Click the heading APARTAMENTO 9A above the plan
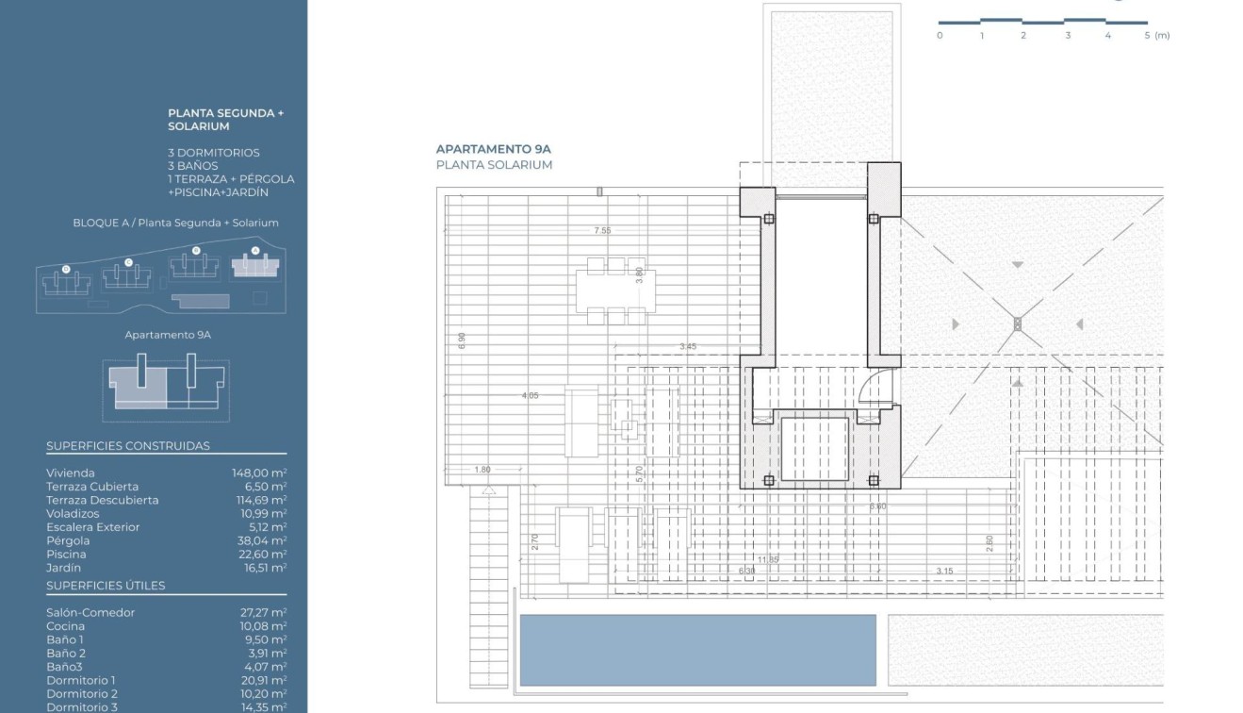point(493,149)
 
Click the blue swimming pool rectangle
point(697,650)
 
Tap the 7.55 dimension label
point(602,230)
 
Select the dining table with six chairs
point(611,291)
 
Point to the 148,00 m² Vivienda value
point(259,473)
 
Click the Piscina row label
point(66,555)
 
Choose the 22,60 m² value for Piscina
point(264,555)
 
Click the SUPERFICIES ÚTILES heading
point(106,586)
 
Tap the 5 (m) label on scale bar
point(1157,36)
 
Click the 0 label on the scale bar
point(940,36)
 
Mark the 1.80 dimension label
point(482,470)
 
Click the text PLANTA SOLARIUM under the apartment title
point(494,165)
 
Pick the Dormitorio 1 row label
point(81,680)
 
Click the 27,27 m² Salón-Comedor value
point(264,612)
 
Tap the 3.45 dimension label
point(688,347)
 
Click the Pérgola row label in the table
point(68,541)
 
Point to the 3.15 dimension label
point(944,571)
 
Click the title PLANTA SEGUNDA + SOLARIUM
point(225,119)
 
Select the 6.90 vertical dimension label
point(462,341)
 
